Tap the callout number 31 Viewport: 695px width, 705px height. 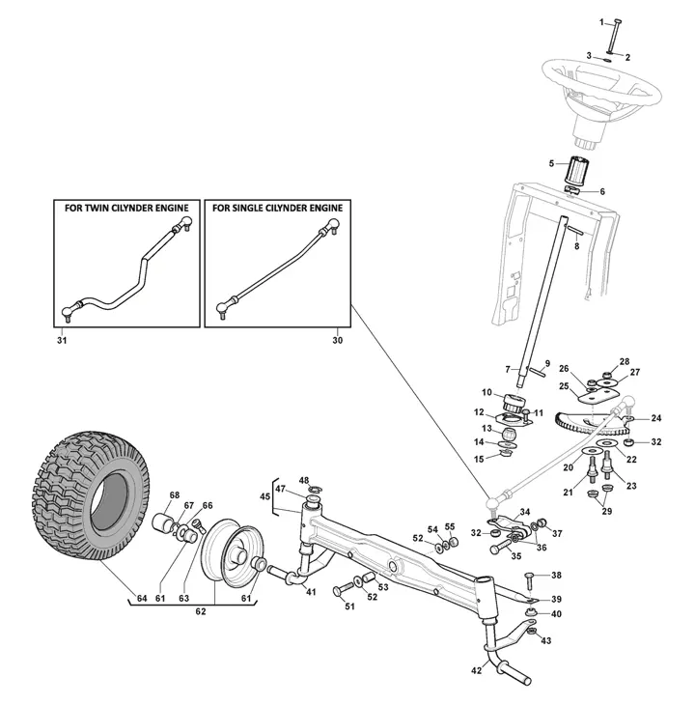coord(63,339)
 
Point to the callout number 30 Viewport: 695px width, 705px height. coord(337,339)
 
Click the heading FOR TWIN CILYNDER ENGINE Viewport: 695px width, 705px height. coord(126,208)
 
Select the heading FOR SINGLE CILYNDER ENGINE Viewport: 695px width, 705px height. coord(277,208)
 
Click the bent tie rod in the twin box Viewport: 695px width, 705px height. coord(125,270)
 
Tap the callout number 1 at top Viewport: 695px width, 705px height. coord(601,21)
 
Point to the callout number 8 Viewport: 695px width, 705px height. coord(576,247)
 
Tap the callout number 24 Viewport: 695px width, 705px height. coord(655,418)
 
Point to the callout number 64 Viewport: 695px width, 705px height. coord(142,599)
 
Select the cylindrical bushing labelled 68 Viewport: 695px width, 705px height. coord(159,527)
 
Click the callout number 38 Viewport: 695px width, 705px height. coord(555,575)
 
